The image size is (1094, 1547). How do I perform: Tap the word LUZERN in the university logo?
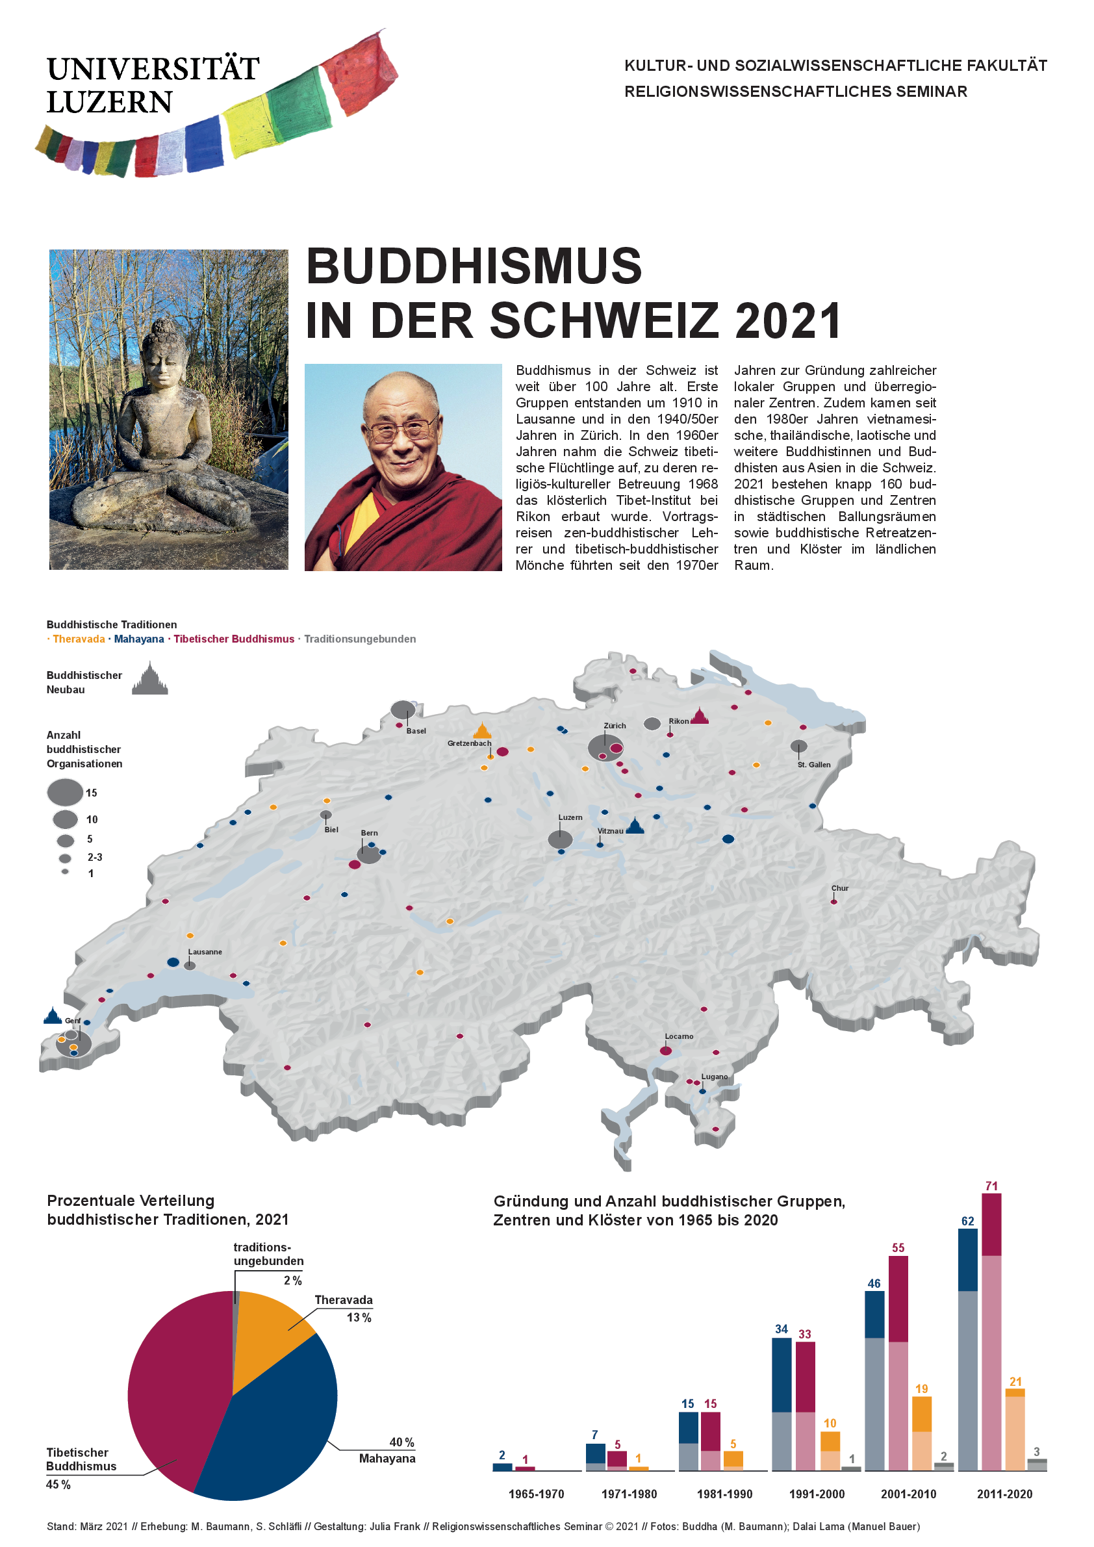tap(110, 103)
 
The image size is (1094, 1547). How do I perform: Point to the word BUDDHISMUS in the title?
tap(474, 266)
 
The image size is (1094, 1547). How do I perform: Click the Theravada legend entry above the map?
tap(79, 639)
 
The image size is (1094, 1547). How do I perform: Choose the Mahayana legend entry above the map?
tap(139, 639)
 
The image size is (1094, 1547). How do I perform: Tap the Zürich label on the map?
tap(615, 726)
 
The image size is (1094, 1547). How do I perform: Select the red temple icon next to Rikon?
tap(700, 716)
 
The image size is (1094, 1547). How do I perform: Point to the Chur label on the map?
tap(839, 888)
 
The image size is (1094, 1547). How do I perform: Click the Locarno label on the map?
tap(678, 1036)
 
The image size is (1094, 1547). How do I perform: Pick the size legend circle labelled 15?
tap(66, 793)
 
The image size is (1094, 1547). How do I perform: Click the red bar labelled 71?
tap(991, 1334)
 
